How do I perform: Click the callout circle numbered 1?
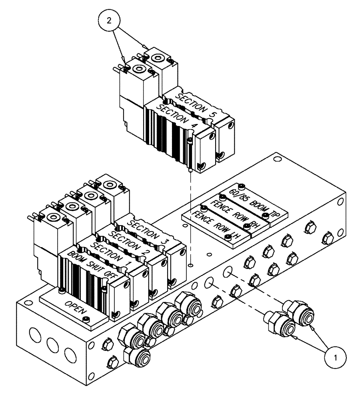(334, 355)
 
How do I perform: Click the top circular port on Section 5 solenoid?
(157, 58)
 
